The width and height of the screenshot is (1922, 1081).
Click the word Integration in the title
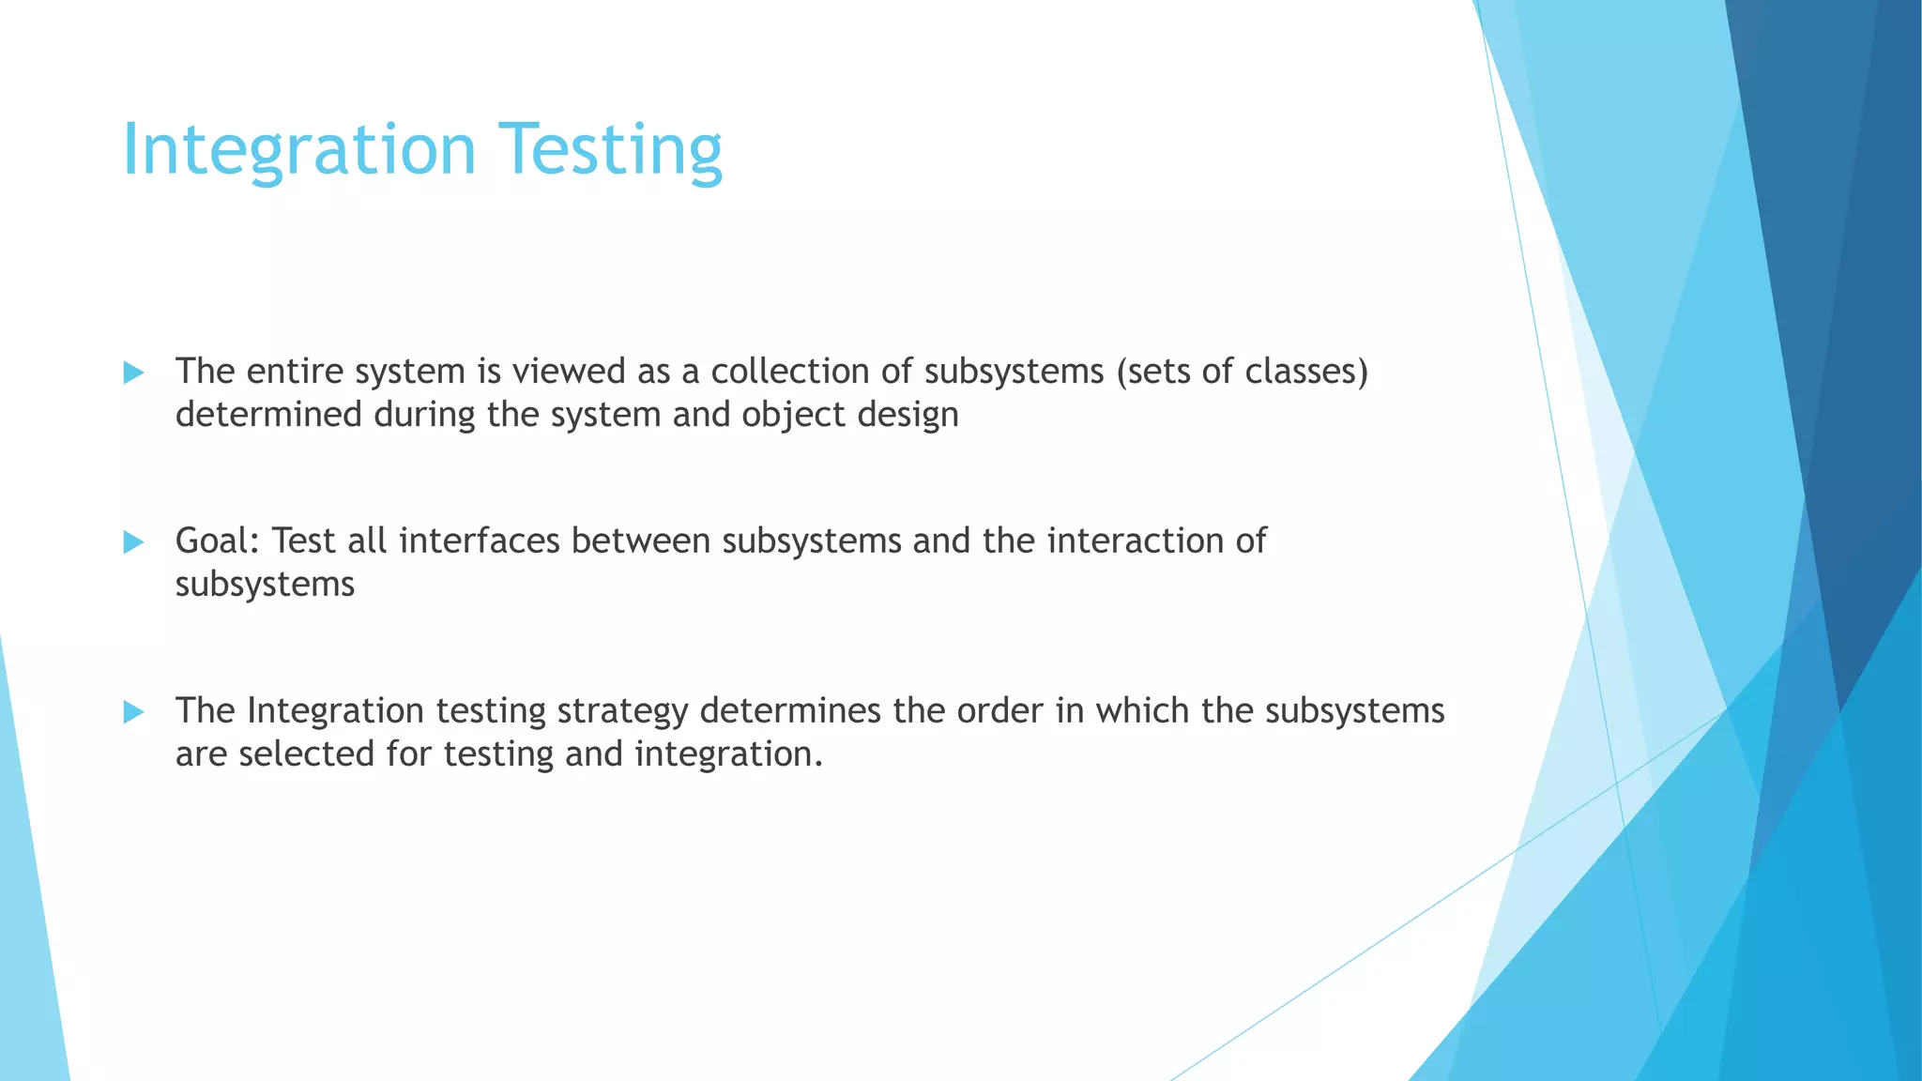coord(299,150)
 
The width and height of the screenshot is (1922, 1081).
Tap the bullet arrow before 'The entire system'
coord(133,373)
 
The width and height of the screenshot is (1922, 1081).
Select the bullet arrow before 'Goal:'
coord(133,541)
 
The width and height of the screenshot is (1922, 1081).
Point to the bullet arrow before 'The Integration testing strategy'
coord(133,712)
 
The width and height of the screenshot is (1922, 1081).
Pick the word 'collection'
coord(790,372)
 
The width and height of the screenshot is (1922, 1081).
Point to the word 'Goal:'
coord(218,541)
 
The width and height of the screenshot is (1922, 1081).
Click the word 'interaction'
coord(1136,541)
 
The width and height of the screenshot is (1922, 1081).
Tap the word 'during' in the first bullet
coord(425,415)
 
